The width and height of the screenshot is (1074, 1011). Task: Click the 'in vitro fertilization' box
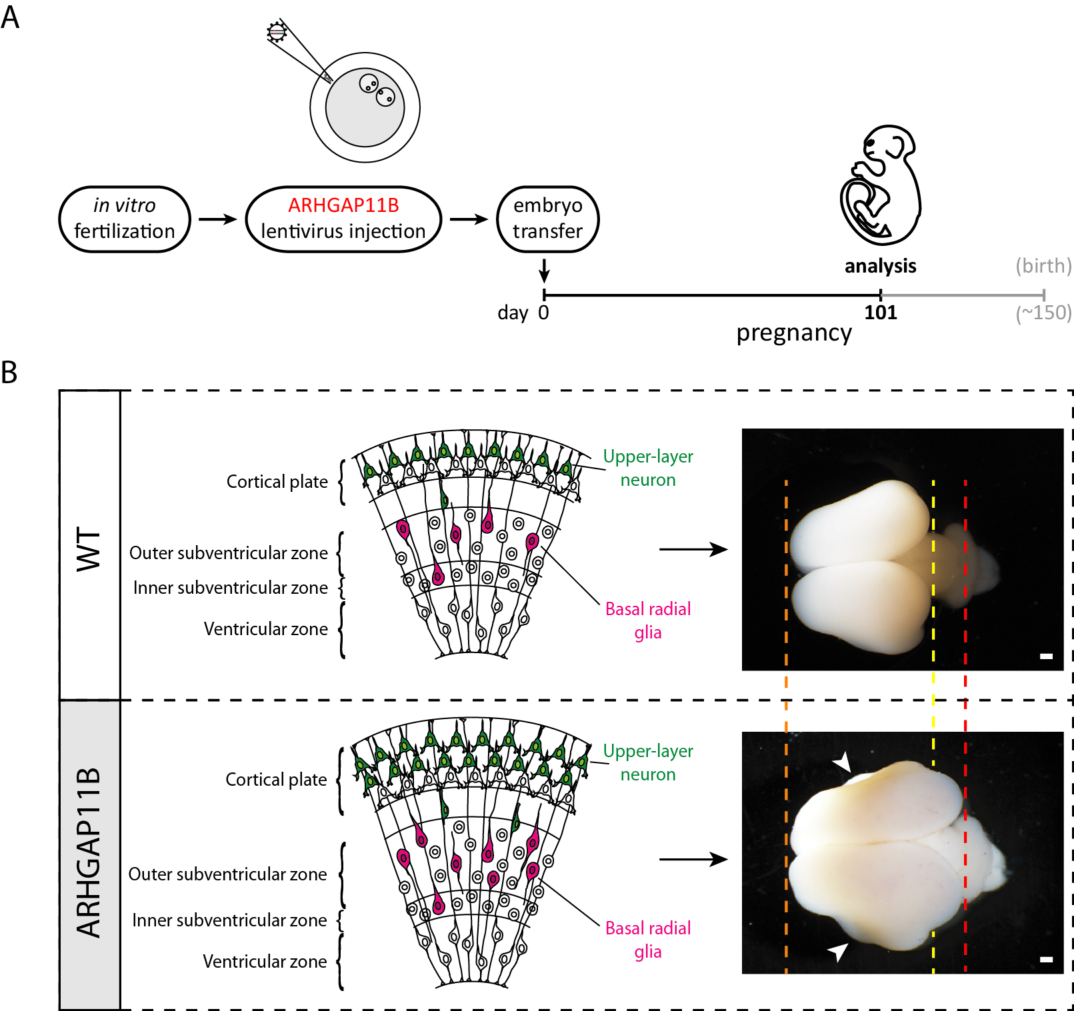125,219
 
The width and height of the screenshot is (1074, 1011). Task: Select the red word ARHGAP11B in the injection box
343,205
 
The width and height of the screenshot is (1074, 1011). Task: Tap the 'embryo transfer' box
547,219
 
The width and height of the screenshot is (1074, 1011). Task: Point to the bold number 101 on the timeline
880,313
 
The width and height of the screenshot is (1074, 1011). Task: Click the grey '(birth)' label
1043,266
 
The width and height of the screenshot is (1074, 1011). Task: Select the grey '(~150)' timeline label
1043,313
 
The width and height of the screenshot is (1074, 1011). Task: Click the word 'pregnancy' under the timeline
794,333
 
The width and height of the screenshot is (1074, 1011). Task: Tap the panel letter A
10,17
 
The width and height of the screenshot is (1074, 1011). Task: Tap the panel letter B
9,373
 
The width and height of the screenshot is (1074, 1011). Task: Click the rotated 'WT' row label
89,550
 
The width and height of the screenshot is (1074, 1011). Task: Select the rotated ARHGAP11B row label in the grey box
89,853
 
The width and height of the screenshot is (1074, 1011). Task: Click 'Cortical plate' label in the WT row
277,482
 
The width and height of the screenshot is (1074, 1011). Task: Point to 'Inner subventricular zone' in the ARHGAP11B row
229,920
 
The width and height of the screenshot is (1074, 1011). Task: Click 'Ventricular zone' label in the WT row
266,629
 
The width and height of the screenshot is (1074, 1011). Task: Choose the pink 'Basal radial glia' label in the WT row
647,620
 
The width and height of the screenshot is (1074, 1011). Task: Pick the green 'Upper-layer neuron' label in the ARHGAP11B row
647,762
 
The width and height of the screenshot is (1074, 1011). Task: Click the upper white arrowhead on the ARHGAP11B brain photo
843,762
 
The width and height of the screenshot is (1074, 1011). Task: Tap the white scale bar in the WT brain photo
1046,656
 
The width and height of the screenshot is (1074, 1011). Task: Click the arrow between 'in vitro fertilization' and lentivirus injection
218,219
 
